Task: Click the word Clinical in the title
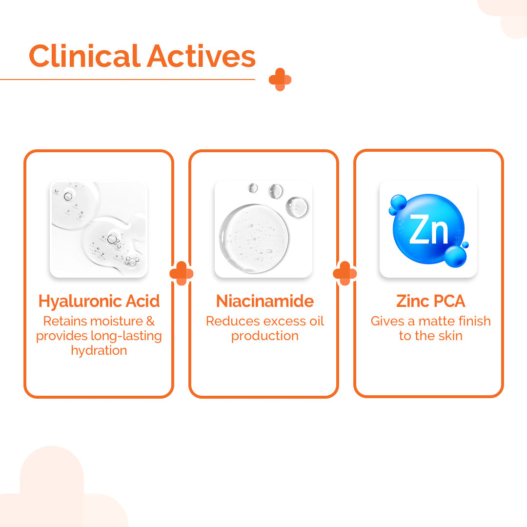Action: [x=84, y=56]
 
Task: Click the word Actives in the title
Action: [x=202, y=56]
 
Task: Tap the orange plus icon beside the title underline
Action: [x=280, y=80]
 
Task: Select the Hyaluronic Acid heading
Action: [x=99, y=301]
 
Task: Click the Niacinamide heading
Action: [x=265, y=301]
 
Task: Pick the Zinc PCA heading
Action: [x=430, y=301]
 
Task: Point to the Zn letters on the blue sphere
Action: [x=428, y=229]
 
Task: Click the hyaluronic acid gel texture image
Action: [x=99, y=229]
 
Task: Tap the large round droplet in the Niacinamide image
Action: [x=254, y=238]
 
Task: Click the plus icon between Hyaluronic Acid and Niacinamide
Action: [x=182, y=273]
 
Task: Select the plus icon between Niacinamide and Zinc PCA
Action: [x=345, y=274]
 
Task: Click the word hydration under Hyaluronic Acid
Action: [x=99, y=350]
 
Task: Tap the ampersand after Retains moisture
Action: [x=150, y=321]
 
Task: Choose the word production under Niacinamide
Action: [x=265, y=336]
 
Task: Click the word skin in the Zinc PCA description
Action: [x=451, y=335]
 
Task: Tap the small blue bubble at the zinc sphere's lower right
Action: [x=465, y=244]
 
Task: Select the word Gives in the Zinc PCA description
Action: [x=387, y=321]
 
